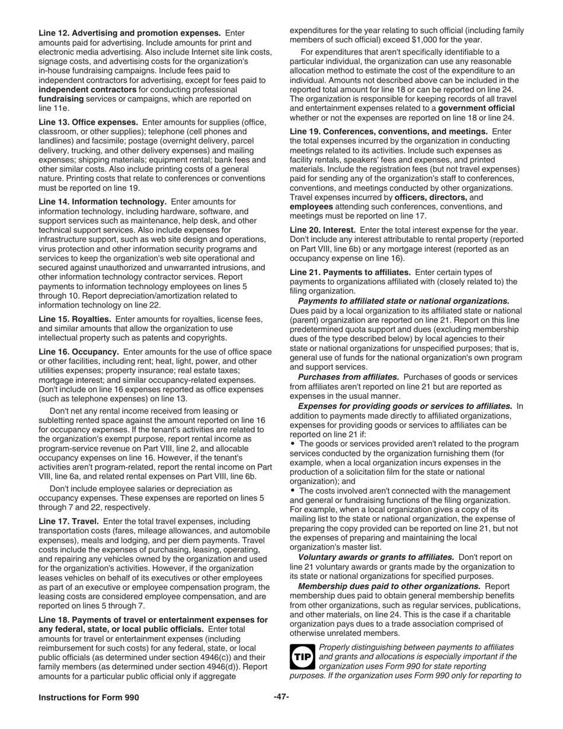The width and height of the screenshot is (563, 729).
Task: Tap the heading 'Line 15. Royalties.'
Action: coord(75,318)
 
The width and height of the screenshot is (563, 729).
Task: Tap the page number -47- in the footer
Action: coord(281,697)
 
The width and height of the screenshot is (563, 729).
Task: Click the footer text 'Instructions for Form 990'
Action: coord(89,698)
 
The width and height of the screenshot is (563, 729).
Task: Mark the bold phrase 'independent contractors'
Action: coord(88,89)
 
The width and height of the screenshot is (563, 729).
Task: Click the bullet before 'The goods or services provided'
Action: coord(293,443)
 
